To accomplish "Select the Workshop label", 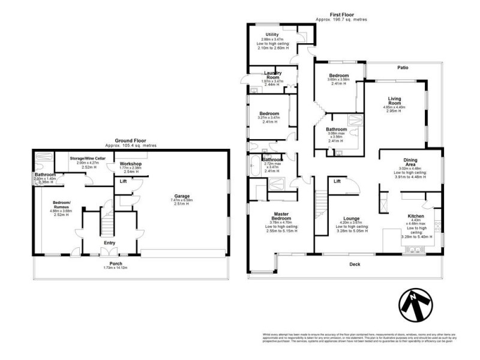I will [130, 163].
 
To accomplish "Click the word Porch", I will [116, 263].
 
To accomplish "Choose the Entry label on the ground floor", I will [110, 242].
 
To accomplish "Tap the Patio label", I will [402, 68].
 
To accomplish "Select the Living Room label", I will [394, 100].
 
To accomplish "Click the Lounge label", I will [351, 218].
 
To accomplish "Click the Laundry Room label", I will [273, 75].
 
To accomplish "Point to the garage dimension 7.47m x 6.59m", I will [182, 200].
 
